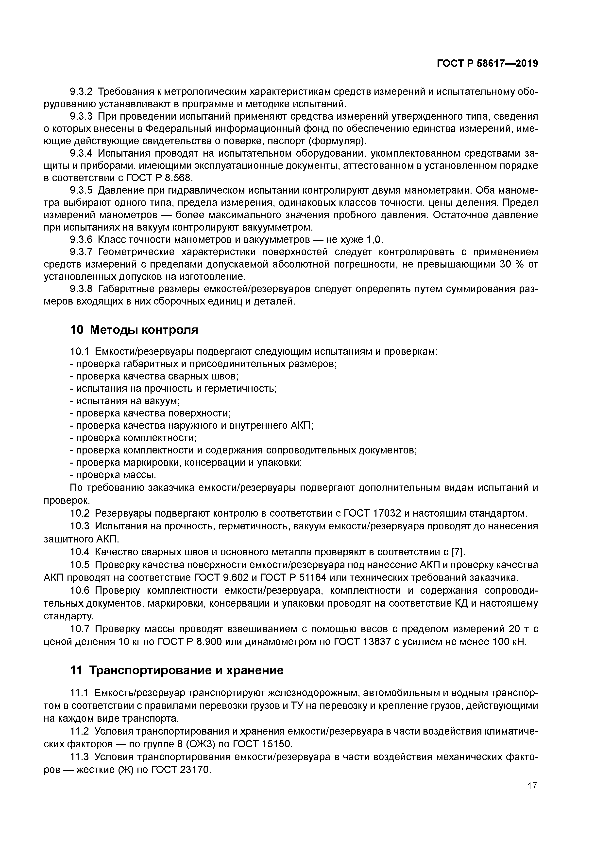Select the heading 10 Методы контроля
tap(134, 330)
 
